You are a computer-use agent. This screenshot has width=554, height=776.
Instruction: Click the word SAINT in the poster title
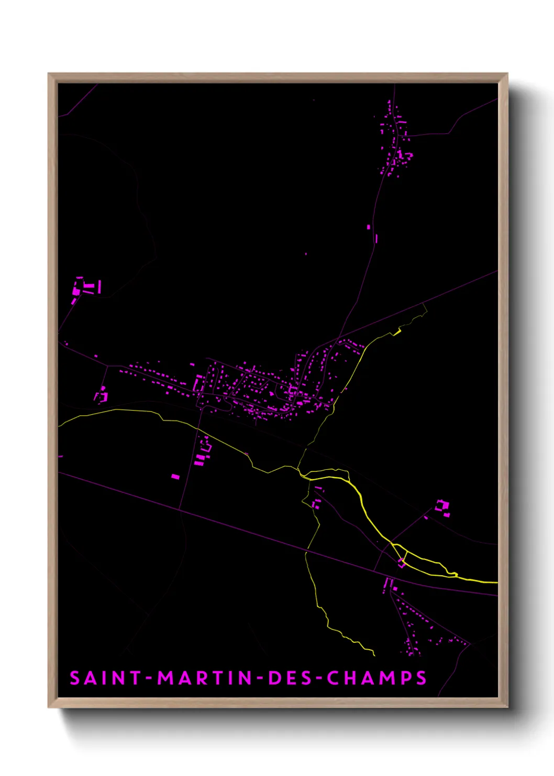(105, 678)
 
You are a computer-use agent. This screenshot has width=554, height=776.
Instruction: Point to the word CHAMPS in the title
(377, 678)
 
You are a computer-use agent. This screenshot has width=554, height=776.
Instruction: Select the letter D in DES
(273, 678)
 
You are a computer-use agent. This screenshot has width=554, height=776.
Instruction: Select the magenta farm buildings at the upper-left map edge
(85, 288)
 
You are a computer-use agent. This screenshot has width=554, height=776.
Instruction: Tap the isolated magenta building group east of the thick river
(442, 507)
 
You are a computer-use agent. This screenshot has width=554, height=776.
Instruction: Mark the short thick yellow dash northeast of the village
(396, 332)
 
